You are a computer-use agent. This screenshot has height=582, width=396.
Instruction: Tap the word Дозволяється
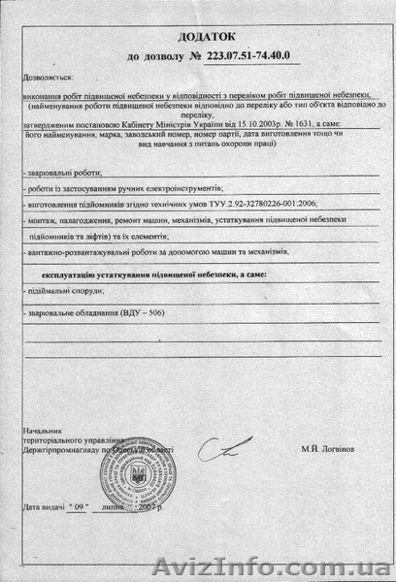50,75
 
